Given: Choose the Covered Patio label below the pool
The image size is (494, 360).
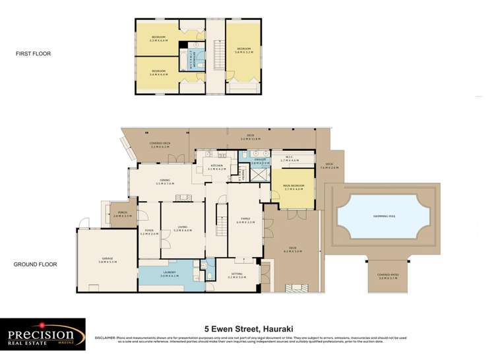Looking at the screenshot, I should click(x=388, y=278).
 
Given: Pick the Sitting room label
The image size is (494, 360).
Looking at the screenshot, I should click(x=237, y=276).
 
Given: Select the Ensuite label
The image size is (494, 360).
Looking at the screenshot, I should click(x=260, y=160).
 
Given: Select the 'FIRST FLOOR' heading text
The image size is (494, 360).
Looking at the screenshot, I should click(x=35, y=53).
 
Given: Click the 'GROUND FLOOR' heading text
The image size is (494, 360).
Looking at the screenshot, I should click(x=36, y=264).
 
